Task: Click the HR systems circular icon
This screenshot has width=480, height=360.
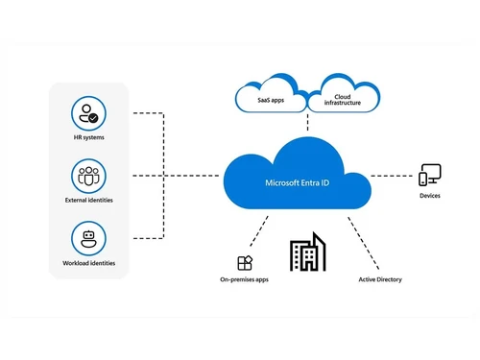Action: tap(87, 115)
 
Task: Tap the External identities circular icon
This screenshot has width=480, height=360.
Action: tap(87, 176)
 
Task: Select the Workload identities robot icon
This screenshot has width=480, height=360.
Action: tap(87, 237)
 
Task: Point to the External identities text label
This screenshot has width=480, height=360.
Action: tap(87, 202)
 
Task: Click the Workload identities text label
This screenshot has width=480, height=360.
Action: tap(87, 263)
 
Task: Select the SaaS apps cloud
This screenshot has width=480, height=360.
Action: tap(271, 97)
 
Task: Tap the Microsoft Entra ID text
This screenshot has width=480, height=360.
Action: tap(297, 181)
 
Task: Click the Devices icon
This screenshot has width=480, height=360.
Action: tap(430, 176)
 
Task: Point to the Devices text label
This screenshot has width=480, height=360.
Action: tap(430, 197)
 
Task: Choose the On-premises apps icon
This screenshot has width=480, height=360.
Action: tap(245, 262)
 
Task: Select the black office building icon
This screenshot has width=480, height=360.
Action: tap(307, 253)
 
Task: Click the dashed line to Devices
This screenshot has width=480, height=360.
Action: tap(394, 176)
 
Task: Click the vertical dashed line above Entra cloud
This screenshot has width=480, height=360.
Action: tap(306, 122)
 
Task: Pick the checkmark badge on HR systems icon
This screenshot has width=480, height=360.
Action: tap(94, 120)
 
